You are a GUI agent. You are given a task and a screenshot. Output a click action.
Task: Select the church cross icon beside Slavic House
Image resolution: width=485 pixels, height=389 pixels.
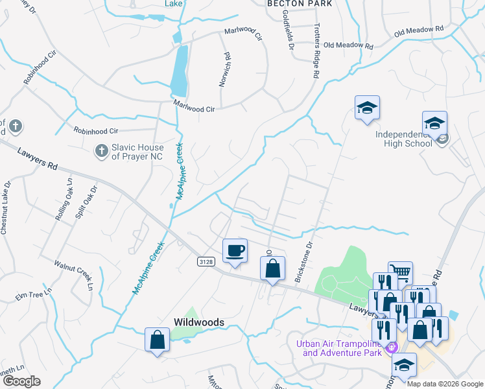[x=101, y=152]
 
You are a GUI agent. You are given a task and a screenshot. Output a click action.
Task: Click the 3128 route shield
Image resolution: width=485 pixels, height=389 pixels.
[x=206, y=261]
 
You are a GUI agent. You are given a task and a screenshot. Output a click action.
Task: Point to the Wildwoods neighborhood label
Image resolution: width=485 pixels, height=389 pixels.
[x=198, y=322]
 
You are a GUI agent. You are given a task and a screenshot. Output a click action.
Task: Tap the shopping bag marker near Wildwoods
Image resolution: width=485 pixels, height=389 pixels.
[x=157, y=340]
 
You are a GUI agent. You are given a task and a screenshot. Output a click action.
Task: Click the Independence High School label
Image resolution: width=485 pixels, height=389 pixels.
[x=403, y=139]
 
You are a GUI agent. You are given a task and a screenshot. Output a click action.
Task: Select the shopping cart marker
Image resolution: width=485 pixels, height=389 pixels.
[x=400, y=273]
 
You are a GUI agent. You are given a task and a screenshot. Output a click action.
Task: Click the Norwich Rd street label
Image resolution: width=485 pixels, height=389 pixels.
[x=225, y=69]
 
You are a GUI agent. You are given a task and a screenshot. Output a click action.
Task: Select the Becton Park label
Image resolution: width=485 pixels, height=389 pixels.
[x=300, y=4]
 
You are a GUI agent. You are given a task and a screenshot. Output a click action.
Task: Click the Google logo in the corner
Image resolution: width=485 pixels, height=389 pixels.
[x=22, y=381]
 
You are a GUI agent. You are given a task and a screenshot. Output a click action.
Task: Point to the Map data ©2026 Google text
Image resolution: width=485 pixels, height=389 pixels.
[x=444, y=384]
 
